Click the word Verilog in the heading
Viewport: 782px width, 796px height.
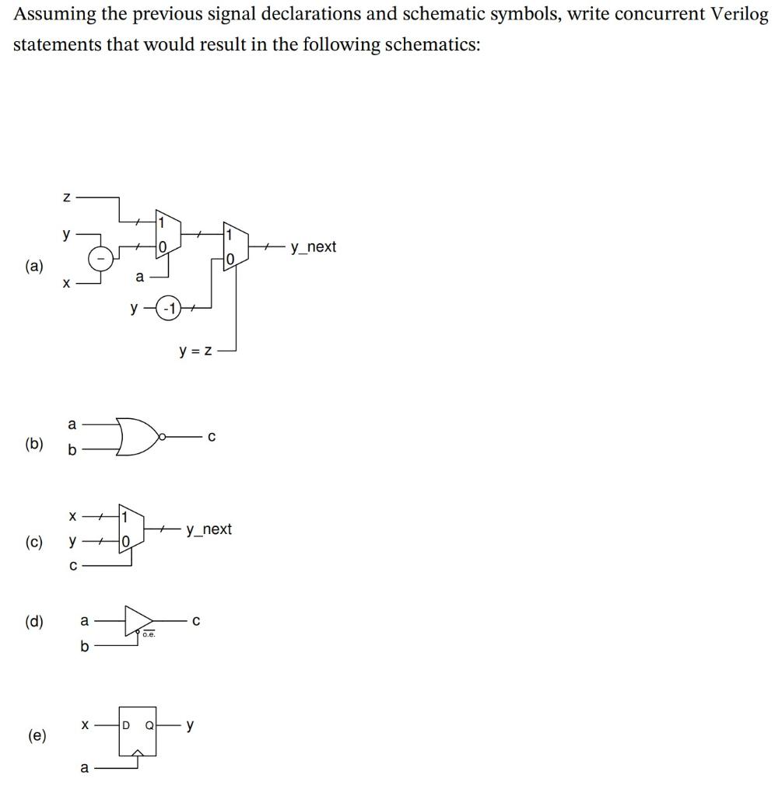pyautogui.click(x=736, y=15)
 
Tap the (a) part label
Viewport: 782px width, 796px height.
pyautogui.click(x=34, y=266)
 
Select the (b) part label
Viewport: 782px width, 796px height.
pyautogui.click(x=34, y=444)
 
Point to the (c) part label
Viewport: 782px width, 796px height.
pyautogui.click(x=34, y=541)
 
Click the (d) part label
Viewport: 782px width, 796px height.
pyautogui.click(x=34, y=621)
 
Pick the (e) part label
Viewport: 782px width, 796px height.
pyautogui.click(x=36, y=735)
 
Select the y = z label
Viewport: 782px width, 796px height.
pyautogui.click(x=195, y=351)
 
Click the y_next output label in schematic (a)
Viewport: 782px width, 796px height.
pyautogui.click(x=313, y=247)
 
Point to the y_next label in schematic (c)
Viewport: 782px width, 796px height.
pyautogui.click(x=209, y=529)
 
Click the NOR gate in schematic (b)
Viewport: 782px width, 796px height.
pyautogui.click(x=135, y=438)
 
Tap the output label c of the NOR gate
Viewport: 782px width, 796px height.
pyautogui.click(x=211, y=437)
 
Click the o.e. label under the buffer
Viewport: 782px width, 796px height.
pyautogui.click(x=149, y=635)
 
